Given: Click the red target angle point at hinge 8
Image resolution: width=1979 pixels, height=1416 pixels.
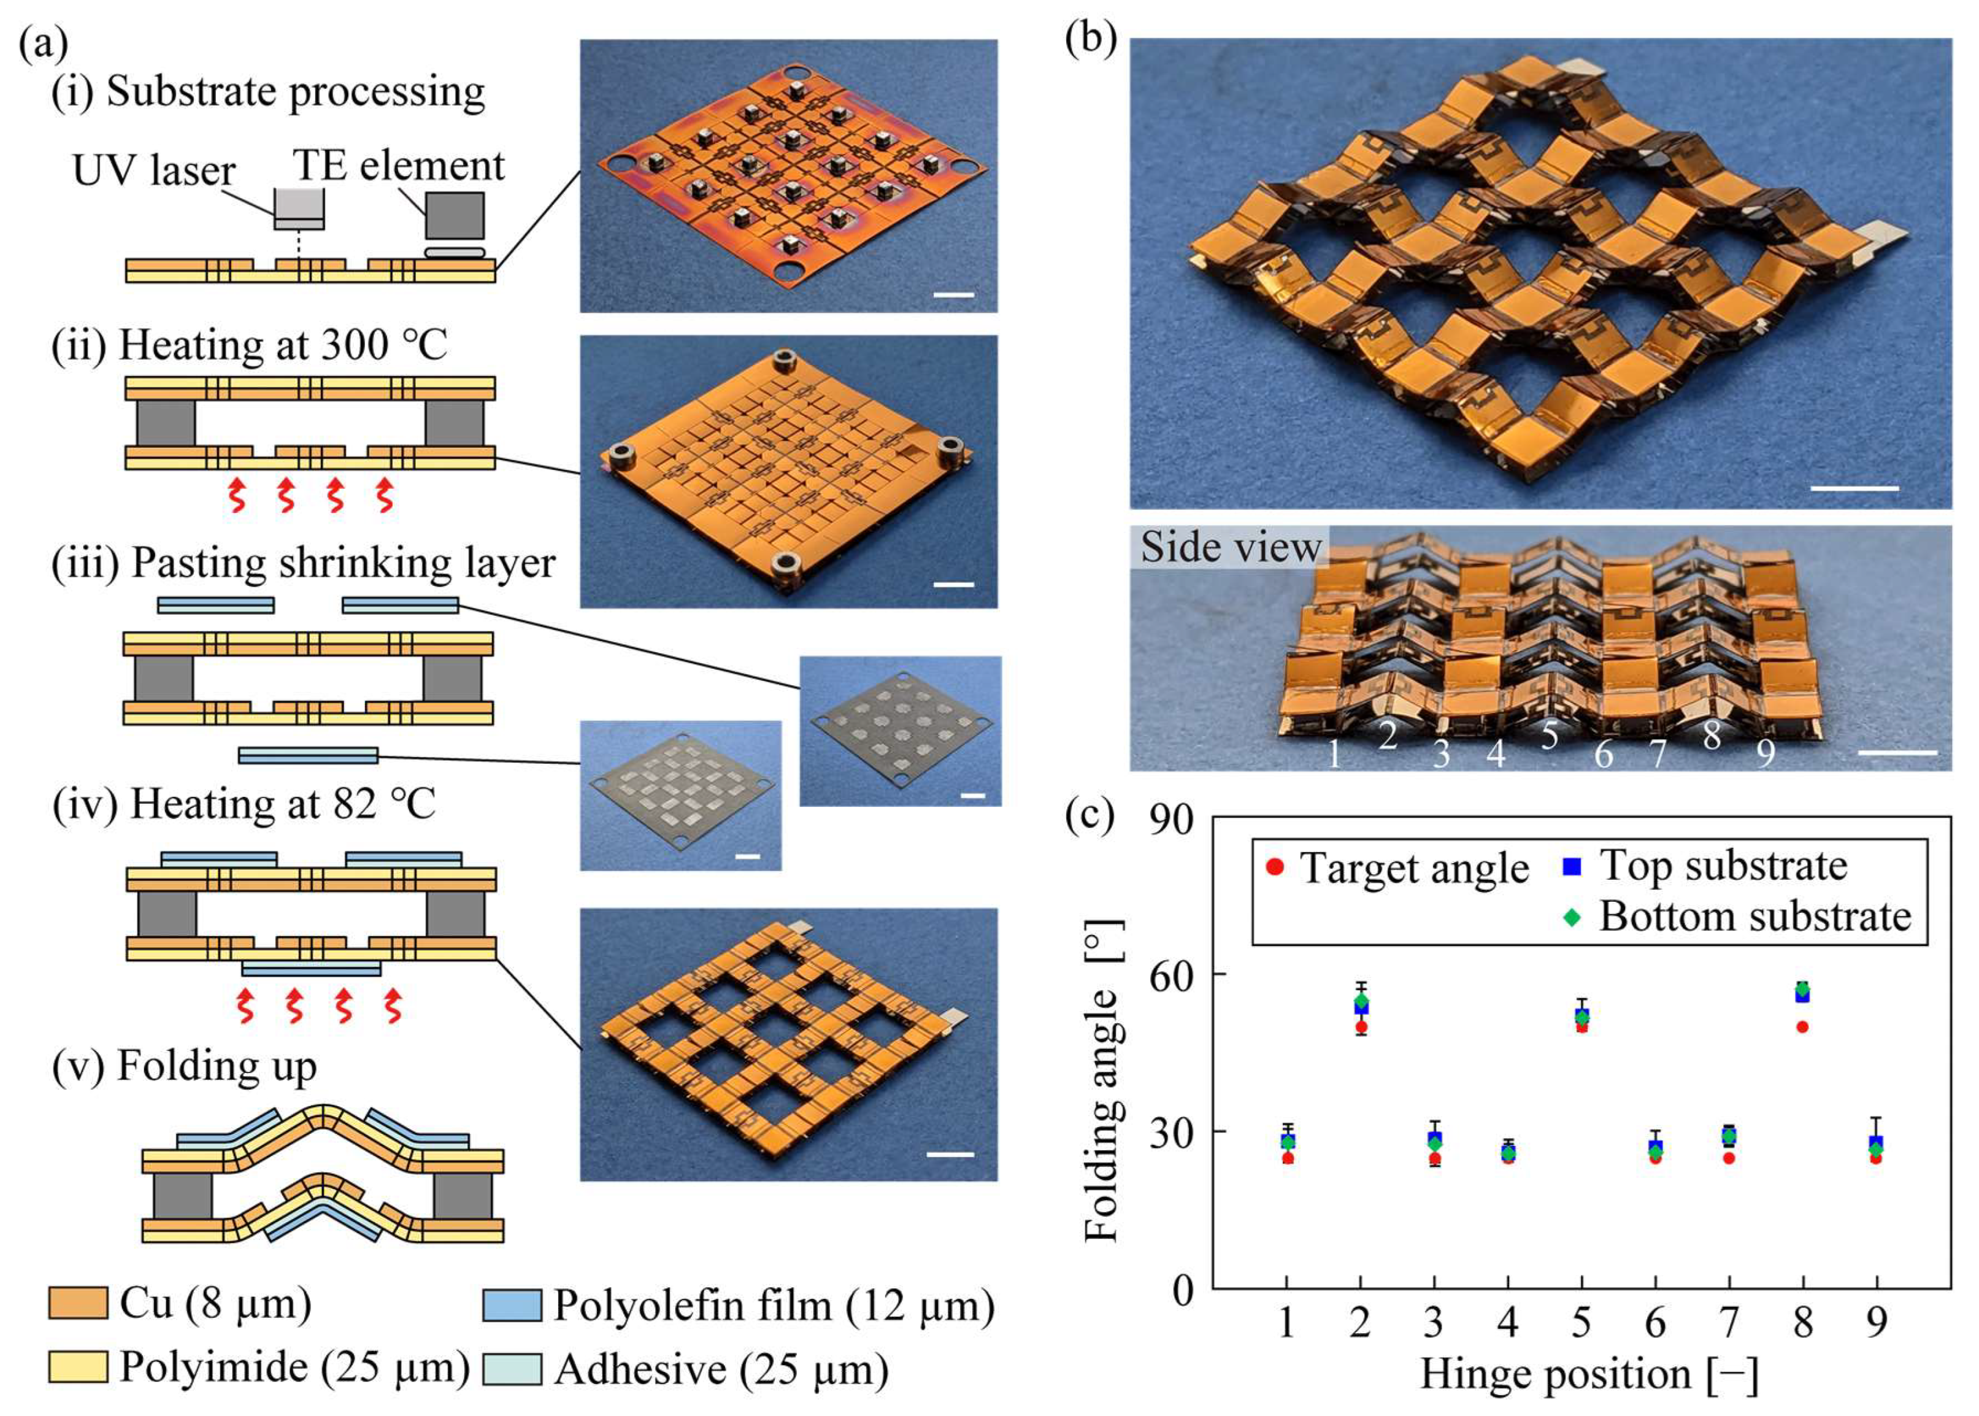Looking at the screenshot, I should coord(1802,1026).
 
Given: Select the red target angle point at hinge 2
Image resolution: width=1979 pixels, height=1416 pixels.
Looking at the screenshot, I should coord(1361,1027).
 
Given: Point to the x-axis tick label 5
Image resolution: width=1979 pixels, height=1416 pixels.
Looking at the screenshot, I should coord(1581,1322).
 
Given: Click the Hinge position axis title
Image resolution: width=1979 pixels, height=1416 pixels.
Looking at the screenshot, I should coord(1588,1374).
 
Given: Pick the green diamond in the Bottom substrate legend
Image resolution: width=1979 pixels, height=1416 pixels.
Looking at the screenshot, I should coord(1572,917).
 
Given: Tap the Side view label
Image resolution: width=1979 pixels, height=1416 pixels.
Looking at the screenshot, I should coord(1230,547).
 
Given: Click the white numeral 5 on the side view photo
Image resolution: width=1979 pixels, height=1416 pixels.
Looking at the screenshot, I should coord(1548,735).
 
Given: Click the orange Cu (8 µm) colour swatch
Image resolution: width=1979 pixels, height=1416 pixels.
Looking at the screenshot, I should coord(77,1304).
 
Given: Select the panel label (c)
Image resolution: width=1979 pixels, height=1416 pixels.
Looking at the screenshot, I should coord(1089,815).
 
